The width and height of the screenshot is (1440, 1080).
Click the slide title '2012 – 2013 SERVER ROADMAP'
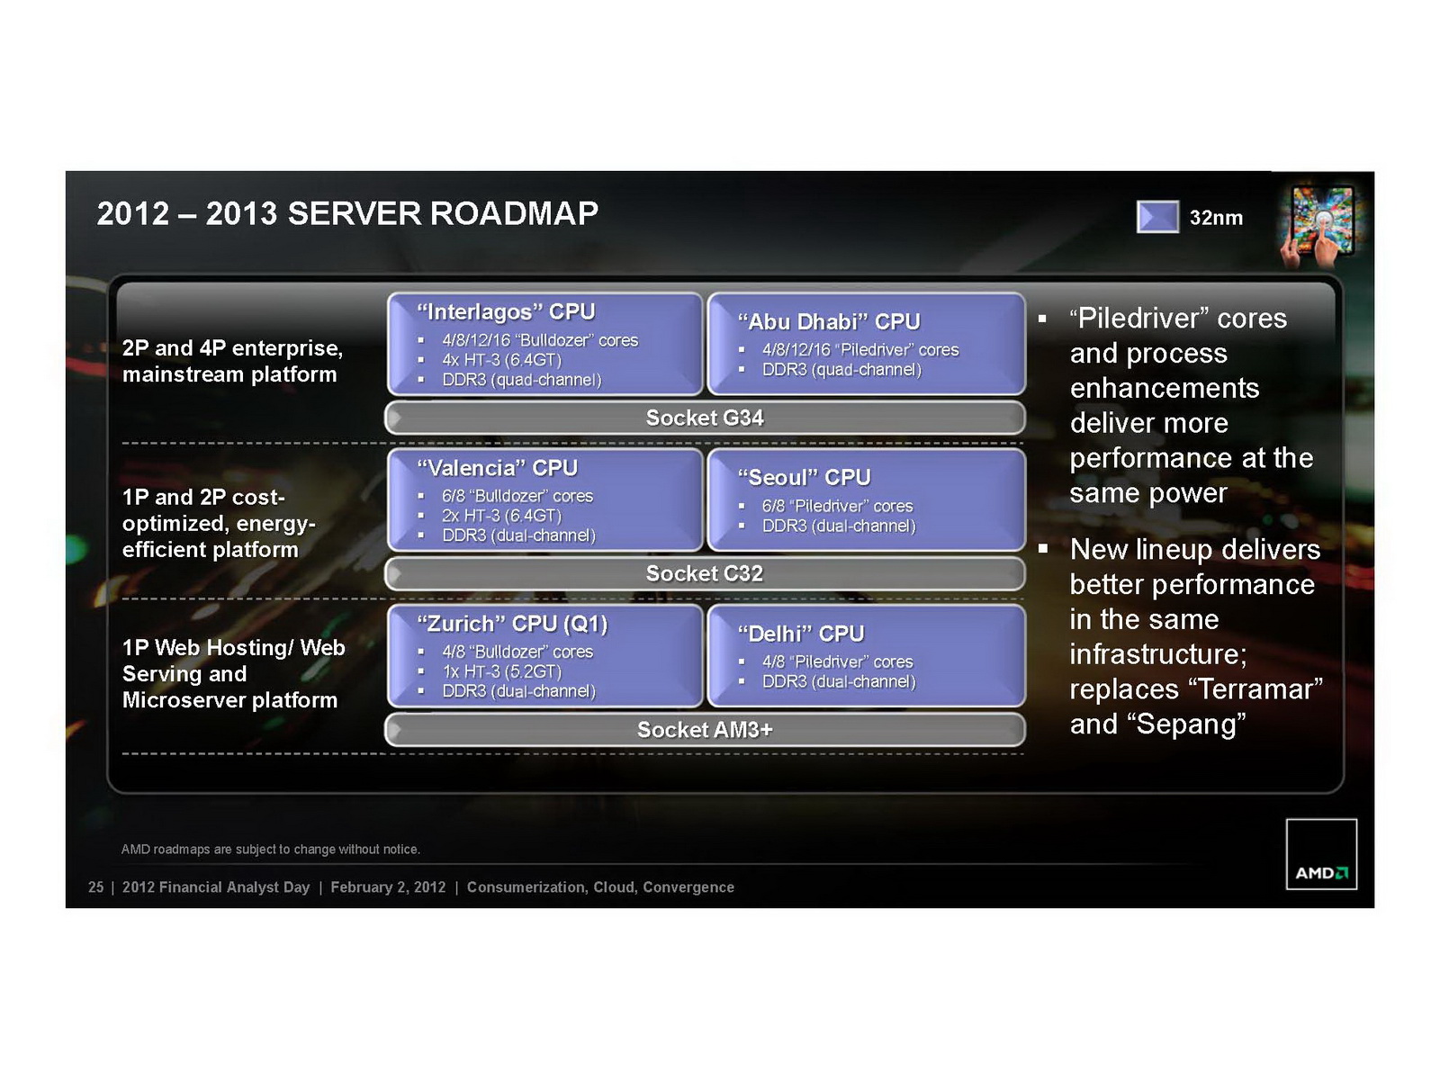(347, 214)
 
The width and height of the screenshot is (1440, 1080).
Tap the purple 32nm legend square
(1157, 216)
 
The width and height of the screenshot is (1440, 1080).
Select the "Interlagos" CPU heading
(506, 312)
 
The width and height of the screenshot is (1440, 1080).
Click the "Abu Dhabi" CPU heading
(829, 322)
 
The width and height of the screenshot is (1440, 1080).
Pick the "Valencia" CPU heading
(498, 468)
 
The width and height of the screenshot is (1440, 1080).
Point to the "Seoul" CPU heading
(804, 477)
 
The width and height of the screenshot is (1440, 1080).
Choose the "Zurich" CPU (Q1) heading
(512, 625)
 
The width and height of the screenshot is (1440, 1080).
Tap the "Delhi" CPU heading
(800, 634)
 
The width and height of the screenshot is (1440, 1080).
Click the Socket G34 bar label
(705, 418)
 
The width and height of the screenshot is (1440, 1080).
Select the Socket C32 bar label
(705, 574)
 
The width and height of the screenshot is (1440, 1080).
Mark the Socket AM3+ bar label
(705, 730)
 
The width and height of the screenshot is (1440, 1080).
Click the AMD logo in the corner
(1321, 854)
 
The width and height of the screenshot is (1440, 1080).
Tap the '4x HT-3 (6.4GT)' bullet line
(502, 360)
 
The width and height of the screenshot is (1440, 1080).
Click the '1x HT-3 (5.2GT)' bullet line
(502, 671)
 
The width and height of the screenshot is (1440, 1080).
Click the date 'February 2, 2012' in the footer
(388, 887)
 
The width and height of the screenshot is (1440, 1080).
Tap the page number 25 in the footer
(95, 887)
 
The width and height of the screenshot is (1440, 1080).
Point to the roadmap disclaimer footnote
(270, 850)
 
